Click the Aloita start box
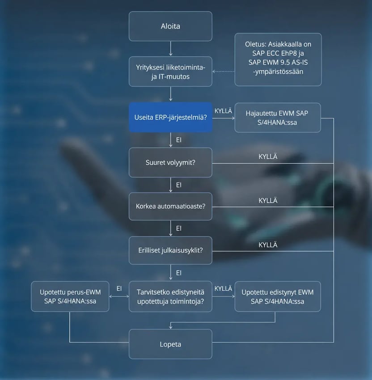170,26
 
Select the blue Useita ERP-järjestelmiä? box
170,117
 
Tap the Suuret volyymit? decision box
170,162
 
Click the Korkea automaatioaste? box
170,206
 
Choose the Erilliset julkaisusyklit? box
170,250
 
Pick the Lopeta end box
170,344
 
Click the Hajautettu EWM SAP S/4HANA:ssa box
278,118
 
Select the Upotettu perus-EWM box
70,296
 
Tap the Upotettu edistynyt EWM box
278,296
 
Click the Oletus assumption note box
278,59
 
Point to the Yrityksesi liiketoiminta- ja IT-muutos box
170,72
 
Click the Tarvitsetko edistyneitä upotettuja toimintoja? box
170,296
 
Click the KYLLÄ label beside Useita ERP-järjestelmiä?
223,111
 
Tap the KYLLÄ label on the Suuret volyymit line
268,156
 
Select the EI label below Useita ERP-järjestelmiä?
179,140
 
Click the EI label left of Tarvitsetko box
119,288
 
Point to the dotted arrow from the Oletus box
224,72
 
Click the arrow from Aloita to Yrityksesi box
171,48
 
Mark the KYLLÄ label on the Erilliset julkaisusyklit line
268,245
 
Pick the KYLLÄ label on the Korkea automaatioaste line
268,200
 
